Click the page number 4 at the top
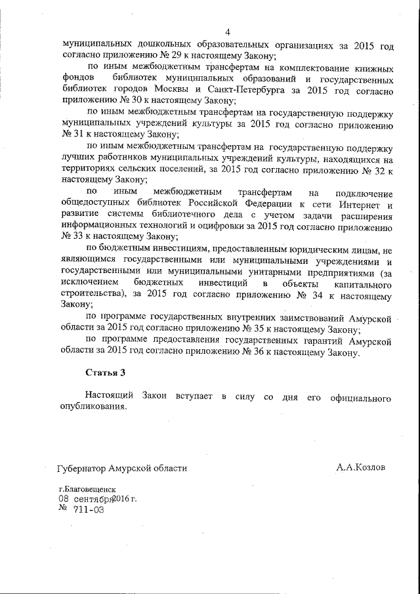pos(227,32)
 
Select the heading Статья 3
pos(106,372)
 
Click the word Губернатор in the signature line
pos(81,468)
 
